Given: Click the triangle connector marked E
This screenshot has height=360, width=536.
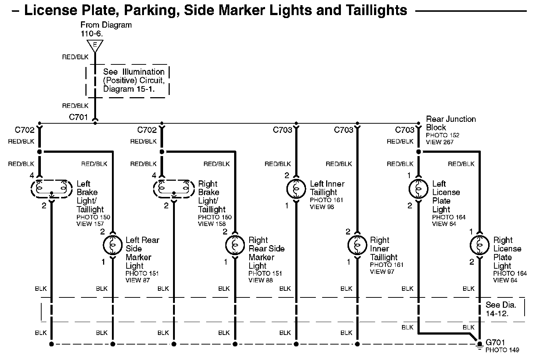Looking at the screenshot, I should [95, 45].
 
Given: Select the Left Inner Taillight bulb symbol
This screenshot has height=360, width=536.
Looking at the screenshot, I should [296, 189].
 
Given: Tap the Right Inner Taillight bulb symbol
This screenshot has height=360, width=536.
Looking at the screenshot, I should [357, 245].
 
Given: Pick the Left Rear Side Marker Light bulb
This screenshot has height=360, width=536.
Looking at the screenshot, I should [112, 245].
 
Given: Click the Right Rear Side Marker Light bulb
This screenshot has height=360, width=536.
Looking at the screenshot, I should [235, 245].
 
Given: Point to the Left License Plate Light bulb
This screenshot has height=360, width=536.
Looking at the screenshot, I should [419, 189].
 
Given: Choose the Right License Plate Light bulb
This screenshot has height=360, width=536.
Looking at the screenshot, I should [479, 245].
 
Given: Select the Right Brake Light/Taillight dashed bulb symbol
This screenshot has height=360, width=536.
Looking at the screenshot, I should [173, 189].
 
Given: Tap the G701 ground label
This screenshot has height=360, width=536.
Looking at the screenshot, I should [495, 342].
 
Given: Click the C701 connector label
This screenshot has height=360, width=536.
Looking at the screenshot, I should [78, 117].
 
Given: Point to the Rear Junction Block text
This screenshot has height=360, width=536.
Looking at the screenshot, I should [451, 123].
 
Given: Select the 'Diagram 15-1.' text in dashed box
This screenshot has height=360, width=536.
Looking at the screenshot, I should [129, 89].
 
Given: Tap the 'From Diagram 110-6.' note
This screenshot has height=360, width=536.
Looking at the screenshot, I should [106, 29].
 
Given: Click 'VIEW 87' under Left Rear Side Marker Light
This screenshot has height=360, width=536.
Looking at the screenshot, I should [138, 280].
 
